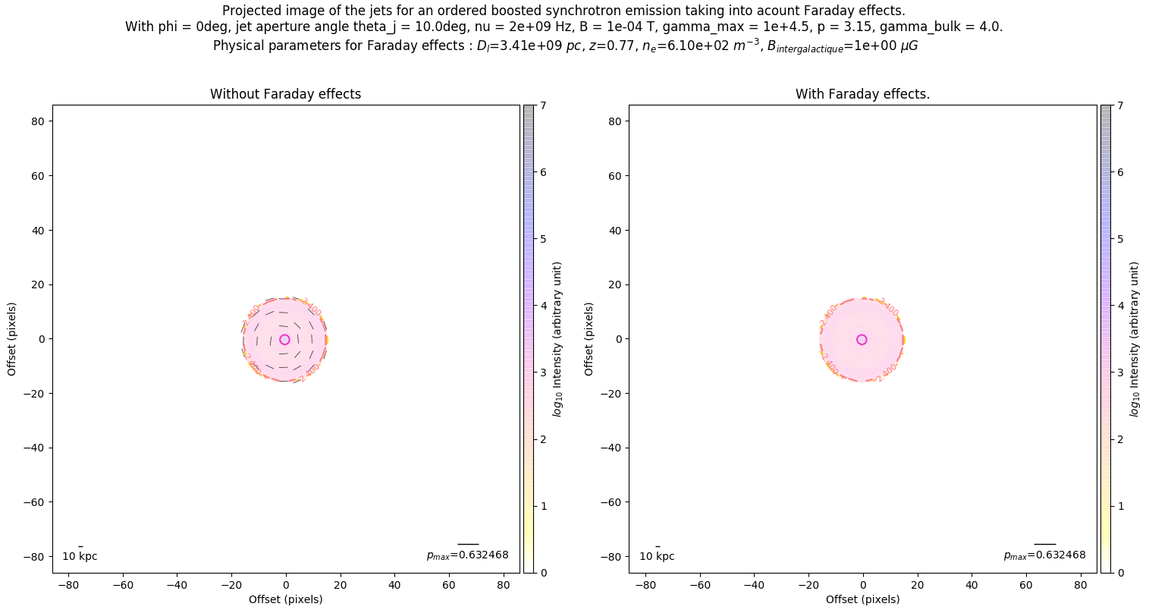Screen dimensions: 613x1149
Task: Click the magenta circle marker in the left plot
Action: click(x=284, y=340)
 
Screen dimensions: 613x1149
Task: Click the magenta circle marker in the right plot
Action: click(x=862, y=340)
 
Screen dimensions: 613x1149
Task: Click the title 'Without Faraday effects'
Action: click(x=285, y=94)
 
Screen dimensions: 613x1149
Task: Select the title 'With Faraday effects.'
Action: click(x=862, y=94)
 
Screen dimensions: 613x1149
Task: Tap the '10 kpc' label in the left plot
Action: click(x=80, y=556)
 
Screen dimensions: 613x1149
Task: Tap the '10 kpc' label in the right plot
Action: click(x=657, y=556)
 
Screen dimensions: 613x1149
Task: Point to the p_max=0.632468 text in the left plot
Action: click(x=467, y=555)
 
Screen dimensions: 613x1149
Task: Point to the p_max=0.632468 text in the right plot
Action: click(x=1044, y=555)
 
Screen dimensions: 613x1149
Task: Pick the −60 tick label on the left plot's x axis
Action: click(x=123, y=585)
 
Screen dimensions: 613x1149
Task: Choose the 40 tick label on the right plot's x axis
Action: click(x=972, y=585)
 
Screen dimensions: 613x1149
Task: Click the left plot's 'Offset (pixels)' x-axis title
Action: click(x=285, y=599)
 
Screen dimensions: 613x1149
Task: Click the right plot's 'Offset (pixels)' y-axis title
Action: click(x=589, y=339)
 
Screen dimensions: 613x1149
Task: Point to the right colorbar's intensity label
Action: click(x=1135, y=339)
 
